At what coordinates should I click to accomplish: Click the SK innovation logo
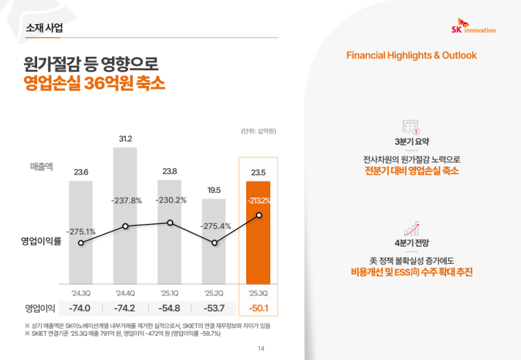473,29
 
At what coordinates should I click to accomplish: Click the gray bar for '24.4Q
125,215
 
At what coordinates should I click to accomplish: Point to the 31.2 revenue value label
126,139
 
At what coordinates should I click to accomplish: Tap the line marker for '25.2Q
214,243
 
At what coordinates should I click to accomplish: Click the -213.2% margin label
259,201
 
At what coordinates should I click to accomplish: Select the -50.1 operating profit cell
259,308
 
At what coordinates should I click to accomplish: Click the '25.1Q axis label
170,292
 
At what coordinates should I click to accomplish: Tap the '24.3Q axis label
81,292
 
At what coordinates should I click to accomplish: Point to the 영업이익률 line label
40,241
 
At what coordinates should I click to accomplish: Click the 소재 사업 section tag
45,29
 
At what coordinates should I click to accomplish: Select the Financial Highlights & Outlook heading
411,55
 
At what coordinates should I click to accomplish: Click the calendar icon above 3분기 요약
411,126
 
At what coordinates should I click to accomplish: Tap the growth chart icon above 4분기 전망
411,228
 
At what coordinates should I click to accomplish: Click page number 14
261,348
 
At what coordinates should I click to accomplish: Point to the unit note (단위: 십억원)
259,131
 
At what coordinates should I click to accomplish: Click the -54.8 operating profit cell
169,308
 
